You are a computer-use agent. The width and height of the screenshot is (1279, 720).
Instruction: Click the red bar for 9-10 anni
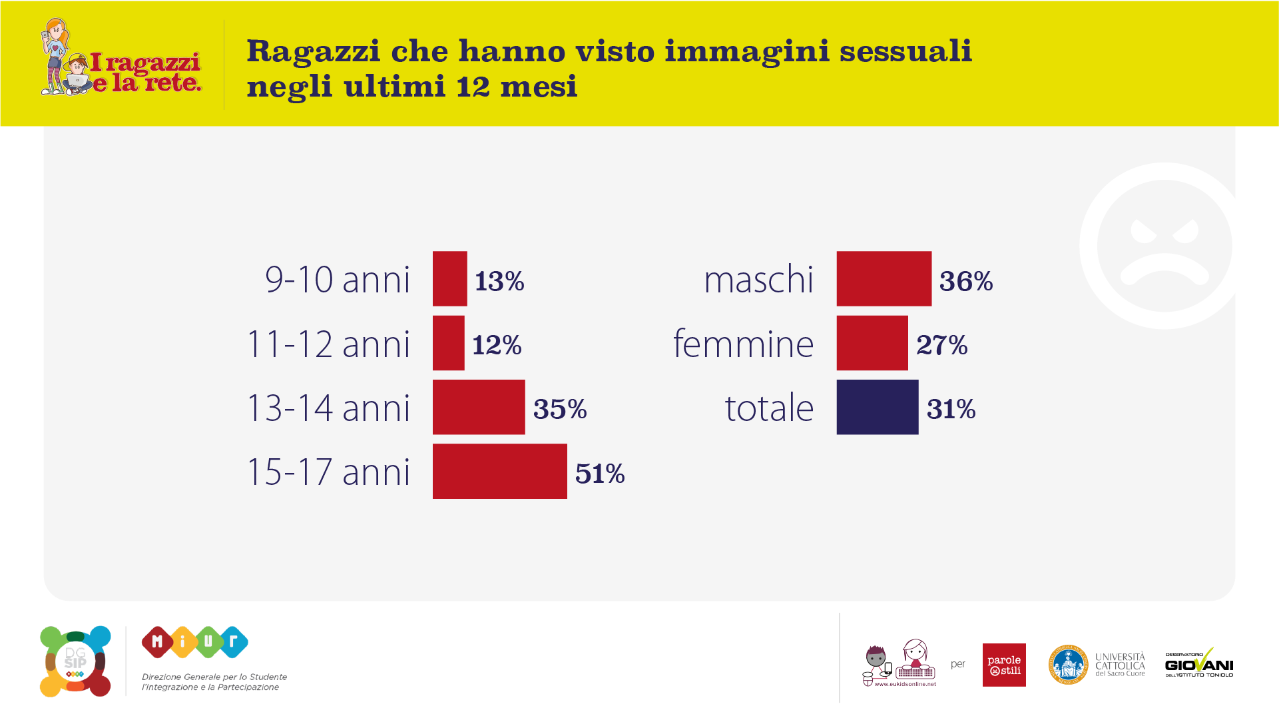(x=449, y=278)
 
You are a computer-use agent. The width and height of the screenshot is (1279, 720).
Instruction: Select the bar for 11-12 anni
(x=448, y=343)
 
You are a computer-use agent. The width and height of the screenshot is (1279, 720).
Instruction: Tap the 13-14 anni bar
(x=478, y=407)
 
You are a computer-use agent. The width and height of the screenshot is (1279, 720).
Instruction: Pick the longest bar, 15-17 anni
(x=499, y=471)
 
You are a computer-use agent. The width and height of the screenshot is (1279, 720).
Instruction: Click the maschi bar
(x=884, y=278)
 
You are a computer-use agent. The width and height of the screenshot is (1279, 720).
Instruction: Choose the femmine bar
(x=872, y=343)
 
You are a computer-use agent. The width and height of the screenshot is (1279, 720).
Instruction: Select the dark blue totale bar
(x=877, y=407)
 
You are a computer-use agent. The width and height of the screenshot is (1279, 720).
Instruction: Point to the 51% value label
(x=599, y=474)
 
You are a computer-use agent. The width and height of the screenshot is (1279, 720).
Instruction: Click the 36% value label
(x=965, y=281)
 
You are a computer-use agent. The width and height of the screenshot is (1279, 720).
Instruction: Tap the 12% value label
(x=497, y=345)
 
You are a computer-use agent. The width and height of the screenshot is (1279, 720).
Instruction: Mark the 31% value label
(x=951, y=409)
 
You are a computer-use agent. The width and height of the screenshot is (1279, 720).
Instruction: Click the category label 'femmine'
(x=743, y=344)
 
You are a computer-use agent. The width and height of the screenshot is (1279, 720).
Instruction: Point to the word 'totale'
(x=769, y=408)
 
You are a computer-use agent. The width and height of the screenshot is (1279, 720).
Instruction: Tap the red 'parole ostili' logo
(x=1003, y=665)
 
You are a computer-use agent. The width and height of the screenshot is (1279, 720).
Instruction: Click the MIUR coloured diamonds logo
(x=194, y=642)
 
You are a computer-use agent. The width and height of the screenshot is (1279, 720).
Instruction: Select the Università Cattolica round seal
(x=1068, y=665)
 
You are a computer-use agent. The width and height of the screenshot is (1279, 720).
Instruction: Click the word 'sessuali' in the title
(x=905, y=51)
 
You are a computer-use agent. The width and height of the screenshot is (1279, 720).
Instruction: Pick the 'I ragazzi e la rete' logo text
(x=146, y=72)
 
